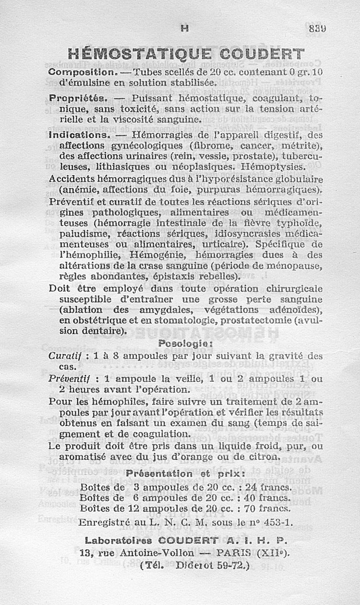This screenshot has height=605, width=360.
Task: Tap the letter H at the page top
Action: [184, 28]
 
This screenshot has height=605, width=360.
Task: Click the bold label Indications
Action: [79, 134]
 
